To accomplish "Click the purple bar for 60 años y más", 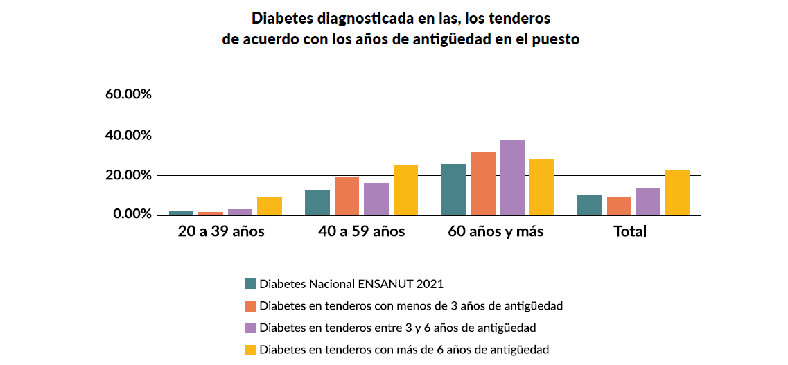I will tap(512, 178).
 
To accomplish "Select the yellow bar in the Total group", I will tap(677, 193).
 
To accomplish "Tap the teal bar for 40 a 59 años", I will tap(317, 203).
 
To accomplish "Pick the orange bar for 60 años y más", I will tap(483, 184).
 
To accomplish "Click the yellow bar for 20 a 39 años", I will tap(270, 206).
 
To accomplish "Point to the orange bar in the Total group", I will tap(619, 206).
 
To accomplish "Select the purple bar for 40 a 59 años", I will tap(376, 199).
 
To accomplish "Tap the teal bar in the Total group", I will tap(589, 206).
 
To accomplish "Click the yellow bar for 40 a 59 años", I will tap(405, 190).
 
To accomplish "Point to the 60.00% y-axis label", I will tap(128, 95).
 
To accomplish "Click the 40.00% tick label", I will tap(128, 135).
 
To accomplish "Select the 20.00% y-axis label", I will tap(128, 175).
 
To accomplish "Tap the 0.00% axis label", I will tap(132, 215).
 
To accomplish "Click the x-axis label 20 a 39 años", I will tap(221, 231).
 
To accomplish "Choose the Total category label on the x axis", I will tap(630, 231).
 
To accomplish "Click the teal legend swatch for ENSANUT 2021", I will tap(251, 283).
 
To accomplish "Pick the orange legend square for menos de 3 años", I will tap(251, 305).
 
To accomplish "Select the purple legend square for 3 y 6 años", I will tap(251, 328).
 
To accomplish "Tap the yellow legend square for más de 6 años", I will tap(251, 350).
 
